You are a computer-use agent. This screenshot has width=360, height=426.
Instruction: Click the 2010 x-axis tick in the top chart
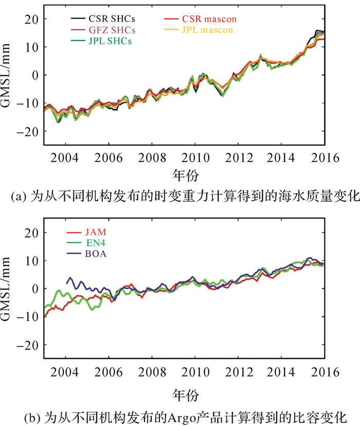coord(195,156)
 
